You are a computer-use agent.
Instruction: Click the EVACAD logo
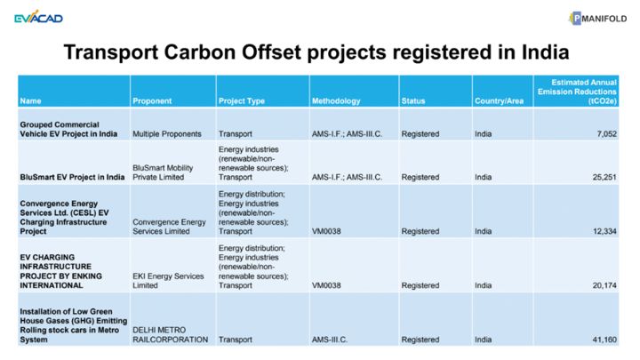pyautogui.click(x=38, y=17)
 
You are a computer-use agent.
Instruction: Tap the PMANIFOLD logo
pyautogui.click(x=598, y=19)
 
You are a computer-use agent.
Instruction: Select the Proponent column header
pyautogui.click(x=152, y=100)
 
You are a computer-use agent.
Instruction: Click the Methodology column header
pyautogui.click(x=336, y=100)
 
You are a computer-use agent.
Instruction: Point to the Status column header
pyautogui.click(x=413, y=100)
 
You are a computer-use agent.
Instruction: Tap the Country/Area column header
pyautogui.click(x=499, y=100)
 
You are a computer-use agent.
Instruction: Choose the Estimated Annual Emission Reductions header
pyautogui.click(x=577, y=92)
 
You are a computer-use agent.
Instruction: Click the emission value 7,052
pyautogui.click(x=606, y=134)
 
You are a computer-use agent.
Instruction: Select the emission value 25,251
pyautogui.click(x=604, y=177)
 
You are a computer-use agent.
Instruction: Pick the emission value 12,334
pyautogui.click(x=604, y=231)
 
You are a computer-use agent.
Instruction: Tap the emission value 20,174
pyautogui.click(x=604, y=285)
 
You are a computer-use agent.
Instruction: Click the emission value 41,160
pyautogui.click(x=604, y=340)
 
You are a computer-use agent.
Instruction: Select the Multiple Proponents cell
pyautogui.click(x=167, y=134)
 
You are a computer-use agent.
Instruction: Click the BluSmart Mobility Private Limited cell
pyautogui.click(x=163, y=172)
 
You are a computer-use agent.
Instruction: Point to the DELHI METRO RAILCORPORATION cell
pyautogui.click(x=170, y=334)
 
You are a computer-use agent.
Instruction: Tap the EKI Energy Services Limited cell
pyautogui.click(x=168, y=280)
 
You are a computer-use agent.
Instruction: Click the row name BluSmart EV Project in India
pyautogui.click(x=72, y=177)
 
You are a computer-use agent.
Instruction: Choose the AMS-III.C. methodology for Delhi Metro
pyautogui.click(x=330, y=340)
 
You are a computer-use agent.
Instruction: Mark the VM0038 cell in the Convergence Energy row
pyautogui.click(x=326, y=231)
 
